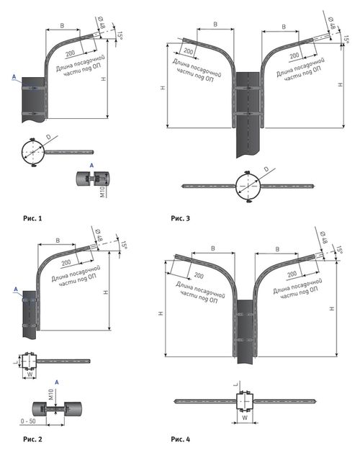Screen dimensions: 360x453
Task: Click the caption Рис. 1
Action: pyautogui.click(x=32, y=218)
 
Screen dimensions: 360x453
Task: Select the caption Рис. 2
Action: pyautogui.click(x=32, y=439)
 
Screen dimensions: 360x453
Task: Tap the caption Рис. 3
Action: pyautogui.click(x=180, y=218)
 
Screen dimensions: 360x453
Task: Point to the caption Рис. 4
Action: pyautogui.click(x=180, y=439)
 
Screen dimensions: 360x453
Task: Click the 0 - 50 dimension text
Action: pyautogui.click(x=28, y=421)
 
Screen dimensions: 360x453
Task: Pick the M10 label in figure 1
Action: pyautogui.click(x=102, y=192)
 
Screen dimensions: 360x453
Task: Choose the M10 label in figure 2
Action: pyautogui.click(x=51, y=395)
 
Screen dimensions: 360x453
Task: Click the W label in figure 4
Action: pyautogui.click(x=245, y=418)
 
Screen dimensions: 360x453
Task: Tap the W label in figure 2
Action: pyautogui.click(x=30, y=374)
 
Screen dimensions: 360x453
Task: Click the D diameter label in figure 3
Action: pyautogui.click(x=266, y=169)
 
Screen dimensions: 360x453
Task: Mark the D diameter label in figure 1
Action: pyautogui.click(x=48, y=137)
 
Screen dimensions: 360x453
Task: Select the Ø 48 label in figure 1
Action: pyautogui.click(x=102, y=22)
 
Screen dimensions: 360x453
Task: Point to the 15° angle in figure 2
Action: pyautogui.click(x=124, y=245)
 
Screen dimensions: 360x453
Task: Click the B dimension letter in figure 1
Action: pyautogui.click(x=62, y=26)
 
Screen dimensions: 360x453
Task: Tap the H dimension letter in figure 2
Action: pyautogui.click(x=105, y=292)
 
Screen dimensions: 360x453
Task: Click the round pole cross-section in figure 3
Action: pyautogui.click(x=248, y=186)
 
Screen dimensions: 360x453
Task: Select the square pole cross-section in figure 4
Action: pyautogui.click(x=245, y=401)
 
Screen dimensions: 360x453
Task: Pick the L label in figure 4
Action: pyautogui.click(x=236, y=385)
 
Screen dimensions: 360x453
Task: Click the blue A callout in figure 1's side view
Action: pyautogui.click(x=14, y=77)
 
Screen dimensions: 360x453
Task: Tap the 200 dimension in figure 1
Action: pyautogui.click(x=71, y=53)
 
